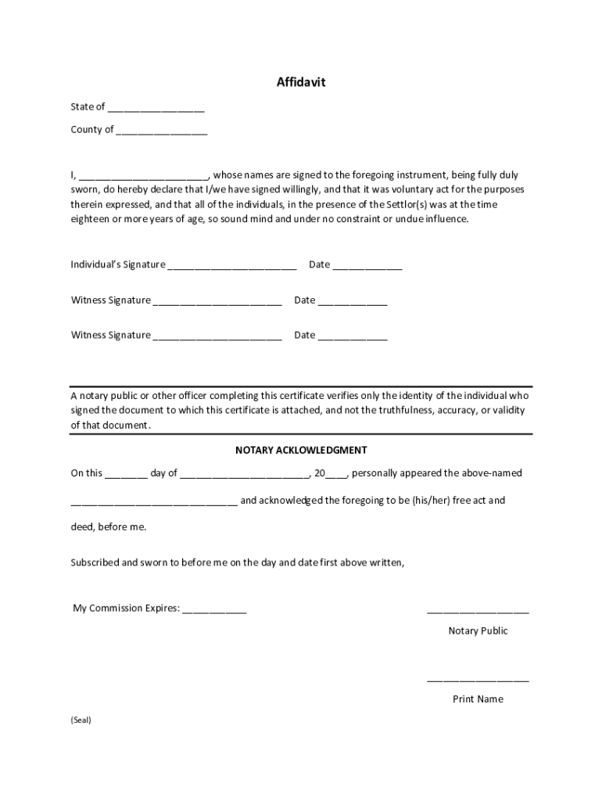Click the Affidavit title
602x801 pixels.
point(300,82)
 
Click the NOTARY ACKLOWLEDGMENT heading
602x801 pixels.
point(301,451)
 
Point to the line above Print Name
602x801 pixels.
point(478,680)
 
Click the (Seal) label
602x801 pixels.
point(81,720)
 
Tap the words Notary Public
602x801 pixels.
point(478,630)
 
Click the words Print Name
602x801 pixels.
point(478,699)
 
